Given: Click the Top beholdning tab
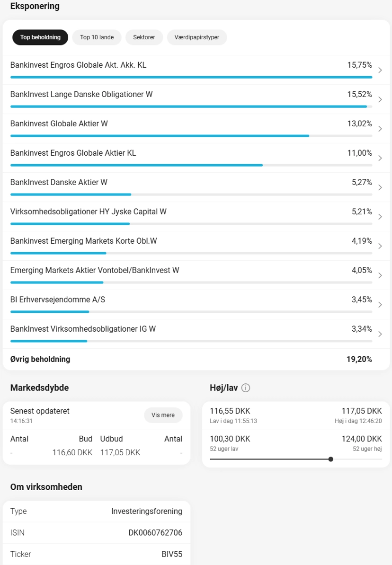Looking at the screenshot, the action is coord(40,37).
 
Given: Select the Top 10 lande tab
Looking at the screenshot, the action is coord(97,37).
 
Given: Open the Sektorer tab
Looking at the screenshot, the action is coord(144,37).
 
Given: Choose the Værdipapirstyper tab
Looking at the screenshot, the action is coord(196,37).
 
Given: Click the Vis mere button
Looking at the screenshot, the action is coord(163,415).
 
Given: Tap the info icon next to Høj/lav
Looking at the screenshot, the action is coord(246,388).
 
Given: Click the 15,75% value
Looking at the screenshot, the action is coord(359,65).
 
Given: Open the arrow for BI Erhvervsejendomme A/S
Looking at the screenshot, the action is coord(380,305).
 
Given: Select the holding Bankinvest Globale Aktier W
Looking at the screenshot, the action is coord(59,124).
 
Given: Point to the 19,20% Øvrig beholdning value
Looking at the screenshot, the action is coord(359,359).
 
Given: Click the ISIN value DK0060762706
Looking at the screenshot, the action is coord(155,532).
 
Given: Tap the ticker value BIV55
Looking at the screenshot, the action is coord(172,554).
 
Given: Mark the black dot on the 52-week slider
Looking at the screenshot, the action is coord(331,459).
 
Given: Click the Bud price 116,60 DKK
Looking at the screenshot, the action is coord(72,452).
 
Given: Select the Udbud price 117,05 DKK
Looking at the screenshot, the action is coord(120,452).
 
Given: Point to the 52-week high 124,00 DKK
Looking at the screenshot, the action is coord(362,439).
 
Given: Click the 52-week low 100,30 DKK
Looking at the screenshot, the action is coord(230,439).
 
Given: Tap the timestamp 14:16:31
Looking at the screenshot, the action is coord(21,421).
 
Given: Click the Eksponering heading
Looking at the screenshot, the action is coord(35,6).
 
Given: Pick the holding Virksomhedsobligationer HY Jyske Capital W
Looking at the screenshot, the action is coord(89,212).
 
